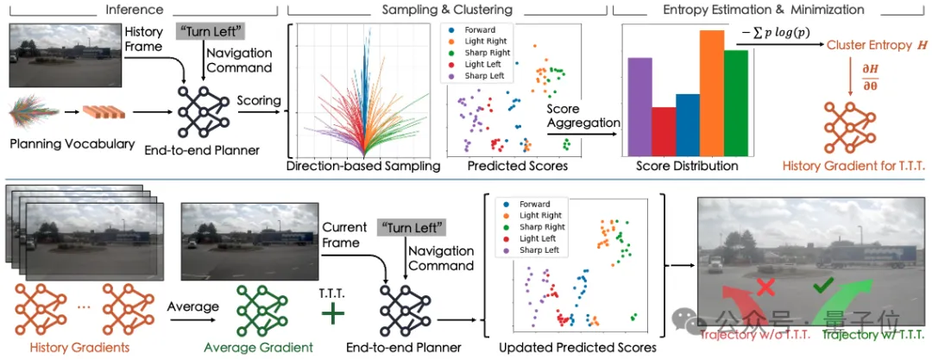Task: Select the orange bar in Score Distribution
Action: (711, 91)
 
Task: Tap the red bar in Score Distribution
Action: (664, 129)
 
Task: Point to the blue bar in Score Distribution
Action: (688, 123)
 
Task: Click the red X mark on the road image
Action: (764, 285)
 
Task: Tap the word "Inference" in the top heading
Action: (133, 9)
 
